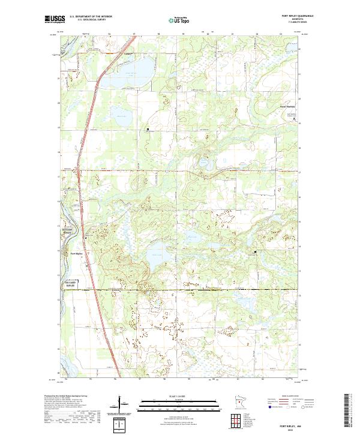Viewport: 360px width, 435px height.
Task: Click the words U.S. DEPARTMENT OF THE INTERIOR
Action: [x=91, y=17]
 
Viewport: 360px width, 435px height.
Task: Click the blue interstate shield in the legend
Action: [x=265, y=406]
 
